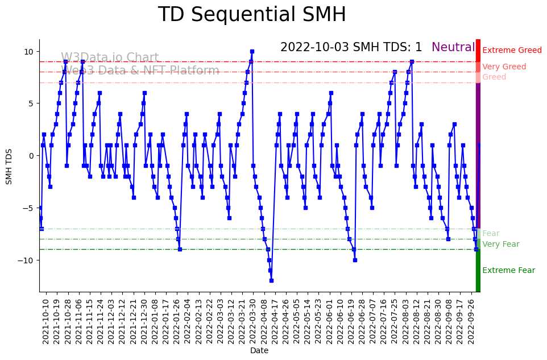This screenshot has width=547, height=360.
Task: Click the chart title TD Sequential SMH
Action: [x=251, y=15]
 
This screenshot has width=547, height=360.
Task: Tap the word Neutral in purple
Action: [x=453, y=48]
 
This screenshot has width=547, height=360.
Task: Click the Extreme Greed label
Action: [x=512, y=51]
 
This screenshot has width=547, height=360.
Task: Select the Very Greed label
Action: [x=504, y=67]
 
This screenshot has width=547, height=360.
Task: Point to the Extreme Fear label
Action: [x=508, y=271]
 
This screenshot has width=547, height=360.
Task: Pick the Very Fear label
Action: [x=500, y=245]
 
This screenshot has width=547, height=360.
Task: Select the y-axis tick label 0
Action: [x=32, y=156]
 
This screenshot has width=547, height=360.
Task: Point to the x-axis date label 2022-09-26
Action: [x=471, y=321]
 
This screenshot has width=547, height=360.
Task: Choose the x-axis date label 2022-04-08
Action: [x=264, y=321]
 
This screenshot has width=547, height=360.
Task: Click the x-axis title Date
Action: [x=259, y=351]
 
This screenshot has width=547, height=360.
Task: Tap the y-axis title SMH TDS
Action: [x=9, y=165]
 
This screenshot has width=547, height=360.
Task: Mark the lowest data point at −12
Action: [x=271, y=280]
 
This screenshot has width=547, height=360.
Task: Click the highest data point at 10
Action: [x=252, y=52]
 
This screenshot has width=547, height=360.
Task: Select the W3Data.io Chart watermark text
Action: [x=110, y=58]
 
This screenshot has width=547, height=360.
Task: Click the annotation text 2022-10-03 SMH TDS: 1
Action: [x=351, y=48]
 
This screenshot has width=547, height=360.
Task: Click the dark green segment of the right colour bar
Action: [x=478, y=271]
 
